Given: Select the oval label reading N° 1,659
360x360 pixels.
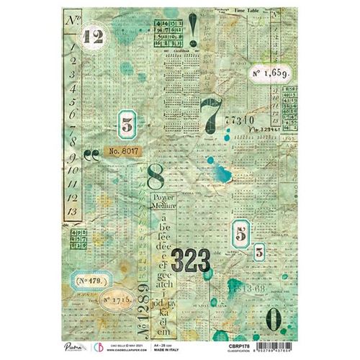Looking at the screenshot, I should [x=271, y=73].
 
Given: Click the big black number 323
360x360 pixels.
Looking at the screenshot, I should [x=191, y=261].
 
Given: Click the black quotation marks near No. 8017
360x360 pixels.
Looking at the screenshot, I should [x=91, y=152].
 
